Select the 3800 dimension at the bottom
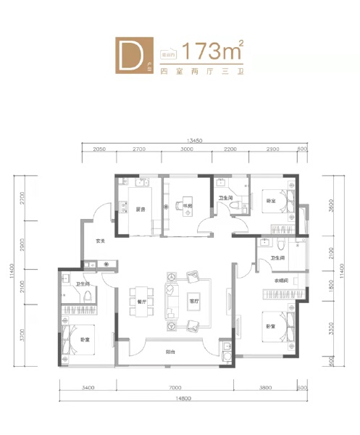pyautogui.click(x=267, y=388)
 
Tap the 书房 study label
pyautogui.click(x=186, y=207)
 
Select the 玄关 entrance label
pyautogui.click(x=102, y=241)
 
